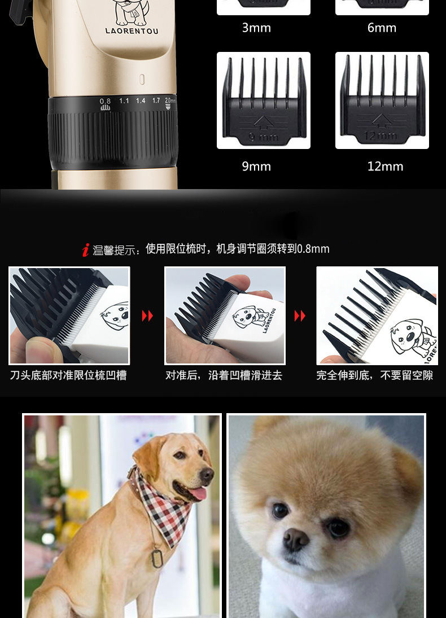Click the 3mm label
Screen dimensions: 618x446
[x=256, y=28]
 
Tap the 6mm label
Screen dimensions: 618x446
[x=382, y=28]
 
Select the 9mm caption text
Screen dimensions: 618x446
[x=256, y=166]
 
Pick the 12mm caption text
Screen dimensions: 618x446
[x=386, y=166]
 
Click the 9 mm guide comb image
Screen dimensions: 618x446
[x=264, y=100]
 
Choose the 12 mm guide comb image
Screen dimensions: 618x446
[x=382, y=100]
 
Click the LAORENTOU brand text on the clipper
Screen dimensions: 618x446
[x=132, y=31]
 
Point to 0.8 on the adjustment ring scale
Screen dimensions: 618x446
[x=106, y=101]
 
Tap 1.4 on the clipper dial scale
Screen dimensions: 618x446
[x=140, y=100]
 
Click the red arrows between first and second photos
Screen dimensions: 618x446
[x=147, y=316]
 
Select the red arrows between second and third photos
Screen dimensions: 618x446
[x=300, y=316]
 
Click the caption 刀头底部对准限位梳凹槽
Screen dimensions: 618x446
[x=68, y=375]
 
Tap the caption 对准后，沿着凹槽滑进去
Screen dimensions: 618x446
[x=224, y=375]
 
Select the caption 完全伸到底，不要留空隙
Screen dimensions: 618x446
[x=375, y=375]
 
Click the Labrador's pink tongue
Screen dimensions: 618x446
[x=198, y=495]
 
